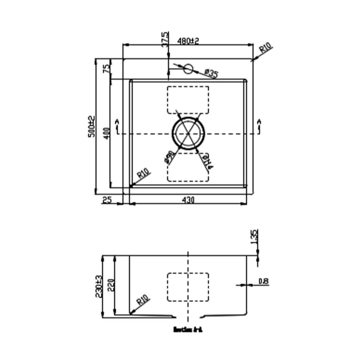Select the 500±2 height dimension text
pyautogui.click(x=91, y=126)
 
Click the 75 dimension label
pyautogui.click(x=107, y=68)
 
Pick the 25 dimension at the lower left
pyautogui.click(x=107, y=200)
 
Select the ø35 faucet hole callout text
pyautogui.click(x=210, y=74)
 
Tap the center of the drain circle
pyautogui.click(x=188, y=133)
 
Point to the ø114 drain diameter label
pyautogui.click(x=207, y=162)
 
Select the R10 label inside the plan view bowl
pyautogui.click(x=144, y=174)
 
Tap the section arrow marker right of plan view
pyautogui.click(x=259, y=125)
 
